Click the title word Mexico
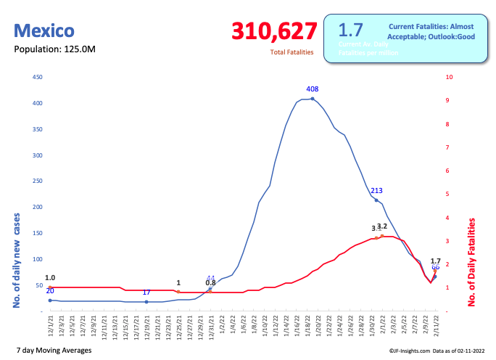pos(44,31)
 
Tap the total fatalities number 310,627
pos(274,31)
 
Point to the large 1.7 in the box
pos(351,30)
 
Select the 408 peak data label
pos(313,89)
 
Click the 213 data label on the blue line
pos(376,191)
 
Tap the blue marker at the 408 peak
pos(313,99)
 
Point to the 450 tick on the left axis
pos(38,77)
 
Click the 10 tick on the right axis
pos(450,77)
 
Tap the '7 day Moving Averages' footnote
pos(53,351)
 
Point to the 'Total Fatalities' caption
pos(292,52)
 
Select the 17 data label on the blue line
pos(146,292)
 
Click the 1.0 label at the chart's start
pos(50,278)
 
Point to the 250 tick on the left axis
pos(38,181)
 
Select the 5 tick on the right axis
pos(449,194)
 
